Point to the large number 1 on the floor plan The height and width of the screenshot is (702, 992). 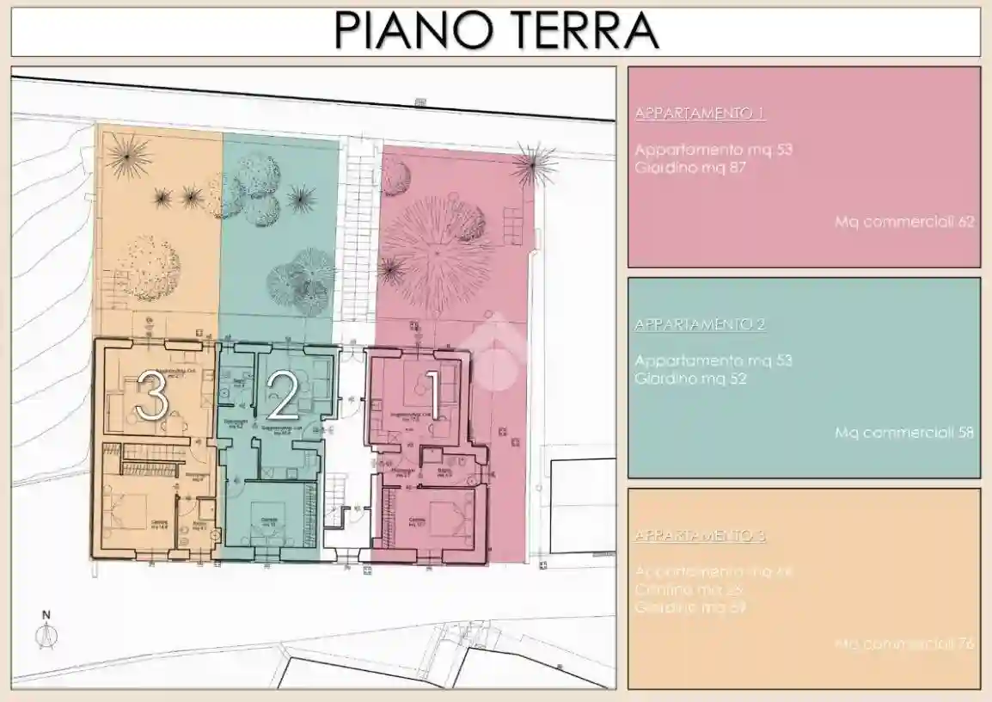[x=432, y=397]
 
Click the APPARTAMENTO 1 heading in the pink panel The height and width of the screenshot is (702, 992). [x=700, y=114]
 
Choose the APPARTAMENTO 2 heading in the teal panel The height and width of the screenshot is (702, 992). [x=700, y=325]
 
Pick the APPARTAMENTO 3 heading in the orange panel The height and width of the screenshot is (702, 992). [x=700, y=536]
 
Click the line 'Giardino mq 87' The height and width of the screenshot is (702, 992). [x=689, y=168]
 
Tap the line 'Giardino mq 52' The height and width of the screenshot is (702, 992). [x=689, y=379]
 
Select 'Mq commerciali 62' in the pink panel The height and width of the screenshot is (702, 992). [x=904, y=222]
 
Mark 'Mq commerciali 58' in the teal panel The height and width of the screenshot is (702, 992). [x=904, y=433]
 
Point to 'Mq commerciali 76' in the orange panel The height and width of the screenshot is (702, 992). [x=904, y=643]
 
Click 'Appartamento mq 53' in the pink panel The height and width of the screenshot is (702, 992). [x=713, y=150]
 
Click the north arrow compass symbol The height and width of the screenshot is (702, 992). [x=46, y=633]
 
